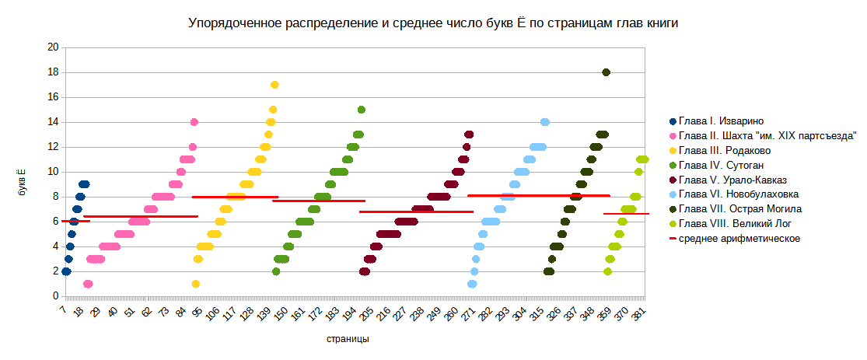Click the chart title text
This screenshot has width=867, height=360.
(433, 23)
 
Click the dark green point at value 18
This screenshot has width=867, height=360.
(607, 72)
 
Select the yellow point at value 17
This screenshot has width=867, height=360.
(274, 85)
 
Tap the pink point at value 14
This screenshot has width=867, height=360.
(194, 122)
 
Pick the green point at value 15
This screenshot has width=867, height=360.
(362, 110)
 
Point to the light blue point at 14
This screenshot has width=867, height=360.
(545, 122)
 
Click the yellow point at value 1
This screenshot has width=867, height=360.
(196, 284)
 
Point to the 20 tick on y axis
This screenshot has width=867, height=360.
(54, 47)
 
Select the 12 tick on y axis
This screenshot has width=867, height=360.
(54, 147)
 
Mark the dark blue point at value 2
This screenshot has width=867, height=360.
(66, 271)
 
